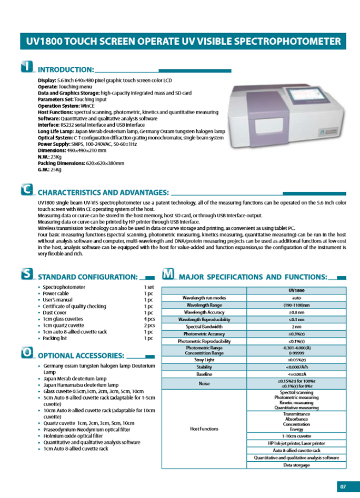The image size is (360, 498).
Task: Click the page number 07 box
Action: [343, 485]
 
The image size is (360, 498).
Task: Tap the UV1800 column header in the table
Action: [296, 290]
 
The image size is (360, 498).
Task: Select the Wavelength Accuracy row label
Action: [204, 312]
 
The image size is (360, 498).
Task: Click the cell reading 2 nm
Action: [296, 327]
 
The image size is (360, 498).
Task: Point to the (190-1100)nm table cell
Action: [296, 304]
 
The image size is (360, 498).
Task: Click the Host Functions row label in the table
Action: [204, 428]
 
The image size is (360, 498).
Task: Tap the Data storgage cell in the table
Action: [296, 465]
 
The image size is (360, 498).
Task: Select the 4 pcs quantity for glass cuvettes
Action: [149, 319]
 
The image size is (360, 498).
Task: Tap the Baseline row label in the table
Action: [204, 374]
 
